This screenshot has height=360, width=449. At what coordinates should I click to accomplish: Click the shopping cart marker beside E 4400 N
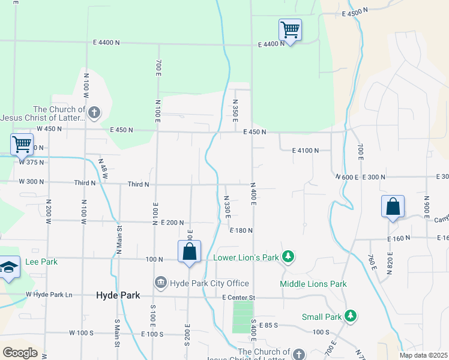pyautogui.click(x=290, y=29)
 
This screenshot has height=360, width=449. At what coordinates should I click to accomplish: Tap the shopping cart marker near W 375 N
pyautogui.click(x=22, y=145)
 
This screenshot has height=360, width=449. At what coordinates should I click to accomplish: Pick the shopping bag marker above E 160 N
pyautogui.click(x=393, y=206)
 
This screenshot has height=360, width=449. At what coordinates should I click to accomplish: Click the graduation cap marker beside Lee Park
pyautogui.click(x=9, y=268)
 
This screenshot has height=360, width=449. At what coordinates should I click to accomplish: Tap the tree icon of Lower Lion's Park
pyautogui.click(x=289, y=257)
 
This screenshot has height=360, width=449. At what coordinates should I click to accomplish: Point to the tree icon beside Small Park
pyautogui.click(x=351, y=316)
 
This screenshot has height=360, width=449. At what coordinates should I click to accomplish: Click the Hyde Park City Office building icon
pyautogui.click(x=161, y=283)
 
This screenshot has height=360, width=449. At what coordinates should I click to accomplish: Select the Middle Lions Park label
pyautogui.click(x=313, y=284)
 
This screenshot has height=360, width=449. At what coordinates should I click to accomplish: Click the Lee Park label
pyautogui.click(x=41, y=262)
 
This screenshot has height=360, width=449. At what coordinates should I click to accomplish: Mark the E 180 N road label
pyautogui.click(x=241, y=230)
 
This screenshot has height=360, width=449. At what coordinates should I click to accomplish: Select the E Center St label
pyautogui.click(x=238, y=298)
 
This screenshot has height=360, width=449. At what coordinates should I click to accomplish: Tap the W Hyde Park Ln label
pyautogui.click(x=49, y=295)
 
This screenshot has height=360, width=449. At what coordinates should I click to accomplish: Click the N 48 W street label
pyautogui.click(x=103, y=169)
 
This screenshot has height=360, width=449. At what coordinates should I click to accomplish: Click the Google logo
pyautogui.click(x=20, y=353)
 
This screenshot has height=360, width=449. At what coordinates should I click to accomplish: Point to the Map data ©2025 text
pyautogui.click(x=424, y=355)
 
